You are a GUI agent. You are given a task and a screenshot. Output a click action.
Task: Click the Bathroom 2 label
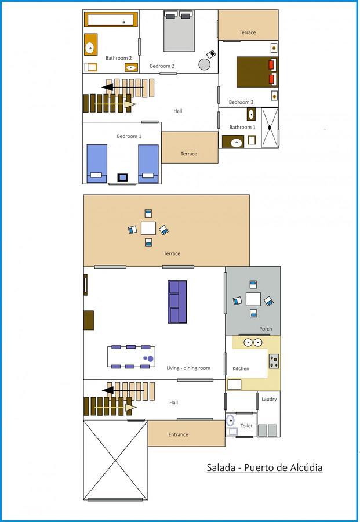tap(118, 58)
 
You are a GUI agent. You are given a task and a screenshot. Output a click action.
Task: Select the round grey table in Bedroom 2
tap(204, 64)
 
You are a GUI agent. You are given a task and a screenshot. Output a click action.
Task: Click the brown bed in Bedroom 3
tap(257, 72)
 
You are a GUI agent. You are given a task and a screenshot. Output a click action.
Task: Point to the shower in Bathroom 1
tap(270, 127)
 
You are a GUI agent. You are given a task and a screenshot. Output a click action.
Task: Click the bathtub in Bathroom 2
tap(111, 19)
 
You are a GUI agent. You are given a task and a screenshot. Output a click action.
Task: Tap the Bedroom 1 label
tap(129, 136)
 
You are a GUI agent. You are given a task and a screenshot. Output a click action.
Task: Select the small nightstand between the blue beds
tap(123, 177)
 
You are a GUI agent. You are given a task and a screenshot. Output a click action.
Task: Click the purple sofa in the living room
tap(177, 302)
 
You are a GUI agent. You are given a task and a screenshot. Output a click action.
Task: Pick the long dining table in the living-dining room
tap(131, 357)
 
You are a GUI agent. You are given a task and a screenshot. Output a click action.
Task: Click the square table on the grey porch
tap(253, 299)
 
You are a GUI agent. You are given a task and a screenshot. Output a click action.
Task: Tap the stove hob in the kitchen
tap(274, 361)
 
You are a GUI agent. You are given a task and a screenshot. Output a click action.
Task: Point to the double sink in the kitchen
tap(253, 342)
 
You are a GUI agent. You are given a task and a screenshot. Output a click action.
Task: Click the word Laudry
tap(269, 399)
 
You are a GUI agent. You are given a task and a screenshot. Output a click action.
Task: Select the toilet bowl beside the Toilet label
tap(230, 420)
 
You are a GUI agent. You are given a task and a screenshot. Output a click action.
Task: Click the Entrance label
tap(179, 434)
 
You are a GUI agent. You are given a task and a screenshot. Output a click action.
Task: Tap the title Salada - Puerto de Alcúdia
tap(264, 467)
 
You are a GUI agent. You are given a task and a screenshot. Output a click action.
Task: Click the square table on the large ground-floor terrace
tap(148, 229)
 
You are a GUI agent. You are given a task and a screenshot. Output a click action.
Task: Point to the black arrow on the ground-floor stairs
tap(122, 390)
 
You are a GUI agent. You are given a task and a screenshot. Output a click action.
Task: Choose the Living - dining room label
tap(188, 368)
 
